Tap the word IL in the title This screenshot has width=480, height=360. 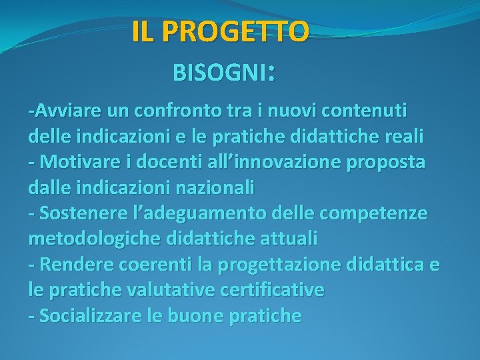point(141,31)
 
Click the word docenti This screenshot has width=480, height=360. point(160,162)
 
